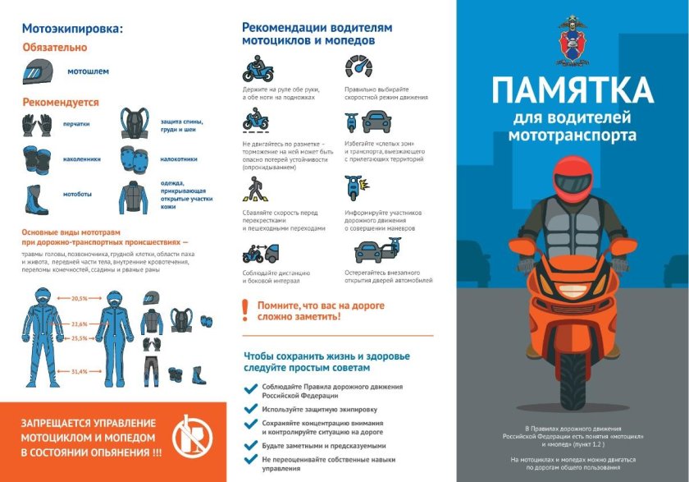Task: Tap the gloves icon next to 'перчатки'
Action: (x=38, y=123)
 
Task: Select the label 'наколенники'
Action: (x=81, y=158)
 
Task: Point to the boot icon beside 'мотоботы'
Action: (x=37, y=195)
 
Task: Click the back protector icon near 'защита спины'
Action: (x=134, y=123)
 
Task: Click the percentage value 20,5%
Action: (x=80, y=298)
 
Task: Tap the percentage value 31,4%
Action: (x=80, y=372)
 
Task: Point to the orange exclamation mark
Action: (x=244, y=310)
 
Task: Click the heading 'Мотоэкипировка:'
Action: (x=72, y=30)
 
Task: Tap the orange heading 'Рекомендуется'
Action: (x=60, y=103)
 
